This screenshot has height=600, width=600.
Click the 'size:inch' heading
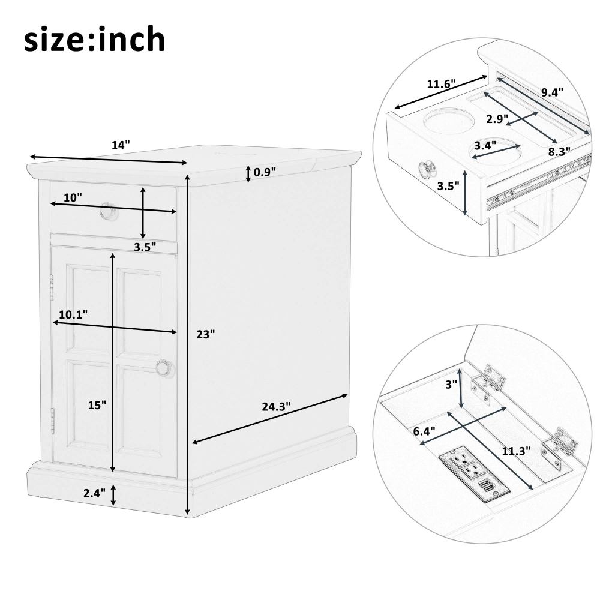(x=95, y=40)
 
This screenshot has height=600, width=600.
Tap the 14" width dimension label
(x=121, y=145)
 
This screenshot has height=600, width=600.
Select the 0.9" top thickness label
(x=265, y=172)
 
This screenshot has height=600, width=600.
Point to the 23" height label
(x=205, y=334)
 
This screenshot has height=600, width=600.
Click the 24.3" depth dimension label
(x=276, y=406)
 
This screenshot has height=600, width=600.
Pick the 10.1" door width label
(x=73, y=314)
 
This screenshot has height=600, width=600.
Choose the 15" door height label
(x=97, y=405)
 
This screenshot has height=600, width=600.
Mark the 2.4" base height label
(x=95, y=493)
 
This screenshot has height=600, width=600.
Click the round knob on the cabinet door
(x=164, y=368)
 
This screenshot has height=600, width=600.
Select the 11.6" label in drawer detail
(x=441, y=84)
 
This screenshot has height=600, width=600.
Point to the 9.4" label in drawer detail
(x=552, y=92)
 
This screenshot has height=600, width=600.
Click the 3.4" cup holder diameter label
(x=485, y=145)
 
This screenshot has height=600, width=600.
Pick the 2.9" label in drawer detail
(x=497, y=119)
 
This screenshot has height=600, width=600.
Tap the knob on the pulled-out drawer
(x=427, y=169)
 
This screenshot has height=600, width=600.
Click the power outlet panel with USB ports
(x=474, y=473)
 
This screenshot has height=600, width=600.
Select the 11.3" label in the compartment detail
(x=517, y=451)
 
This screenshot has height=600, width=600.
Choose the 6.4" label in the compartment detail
(x=424, y=431)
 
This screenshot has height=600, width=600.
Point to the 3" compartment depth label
(x=452, y=384)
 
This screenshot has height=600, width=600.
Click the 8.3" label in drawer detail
(x=559, y=152)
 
